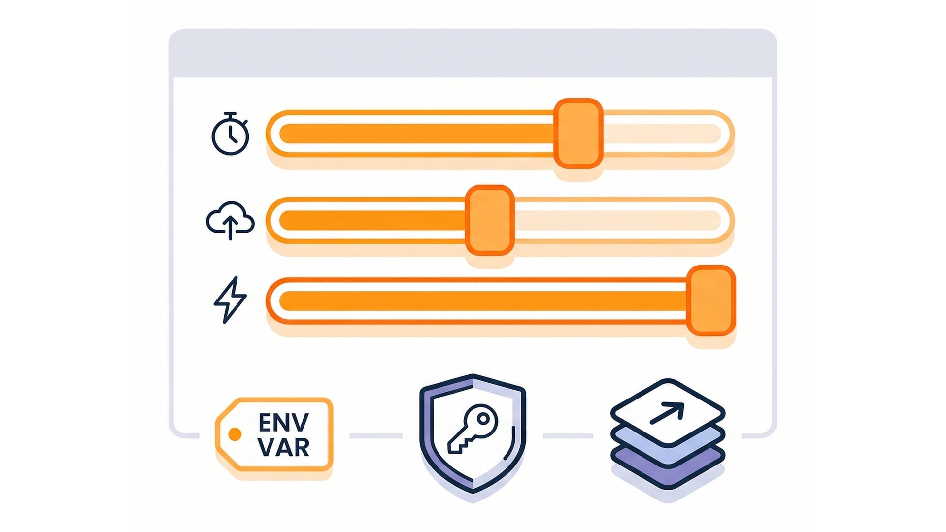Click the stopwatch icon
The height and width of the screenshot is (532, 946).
(x=230, y=134)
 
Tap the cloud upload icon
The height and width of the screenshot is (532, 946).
(x=230, y=220)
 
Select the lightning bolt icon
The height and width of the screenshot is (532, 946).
(x=230, y=299)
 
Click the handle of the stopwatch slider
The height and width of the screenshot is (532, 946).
(x=578, y=133)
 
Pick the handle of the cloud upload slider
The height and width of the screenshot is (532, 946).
(x=490, y=220)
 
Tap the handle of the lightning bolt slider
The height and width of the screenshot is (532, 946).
(x=711, y=300)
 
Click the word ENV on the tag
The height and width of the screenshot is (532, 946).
(x=283, y=423)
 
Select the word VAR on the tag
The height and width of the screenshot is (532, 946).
(x=283, y=447)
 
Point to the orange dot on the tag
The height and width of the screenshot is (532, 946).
(x=235, y=434)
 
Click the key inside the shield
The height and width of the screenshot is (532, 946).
(x=472, y=429)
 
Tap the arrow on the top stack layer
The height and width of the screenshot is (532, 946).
(x=668, y=413)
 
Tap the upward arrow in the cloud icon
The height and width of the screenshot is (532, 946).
(x=230, y=227)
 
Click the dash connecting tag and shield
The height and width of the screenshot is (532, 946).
(x=376, y=436)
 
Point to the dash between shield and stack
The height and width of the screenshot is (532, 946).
(x=568, y=436)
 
